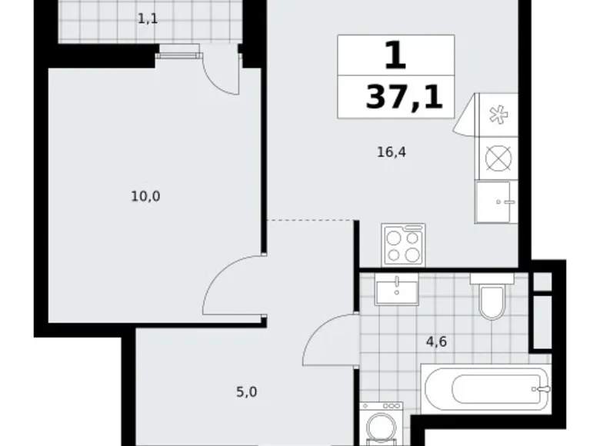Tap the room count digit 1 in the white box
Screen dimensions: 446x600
[x=395, y=55]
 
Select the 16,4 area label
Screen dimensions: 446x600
[x=391, y=152]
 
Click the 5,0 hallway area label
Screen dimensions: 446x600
[x=246, y=392]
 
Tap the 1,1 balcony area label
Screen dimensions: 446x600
[x=148, y=18]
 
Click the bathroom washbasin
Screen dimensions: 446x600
[x=397, y=290]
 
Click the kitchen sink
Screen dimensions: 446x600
[x=497, y=201]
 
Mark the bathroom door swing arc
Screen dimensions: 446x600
[x=328, y=338]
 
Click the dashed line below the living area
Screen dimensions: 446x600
[x=312, y=221]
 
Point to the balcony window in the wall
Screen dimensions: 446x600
[x=178, y=52]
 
